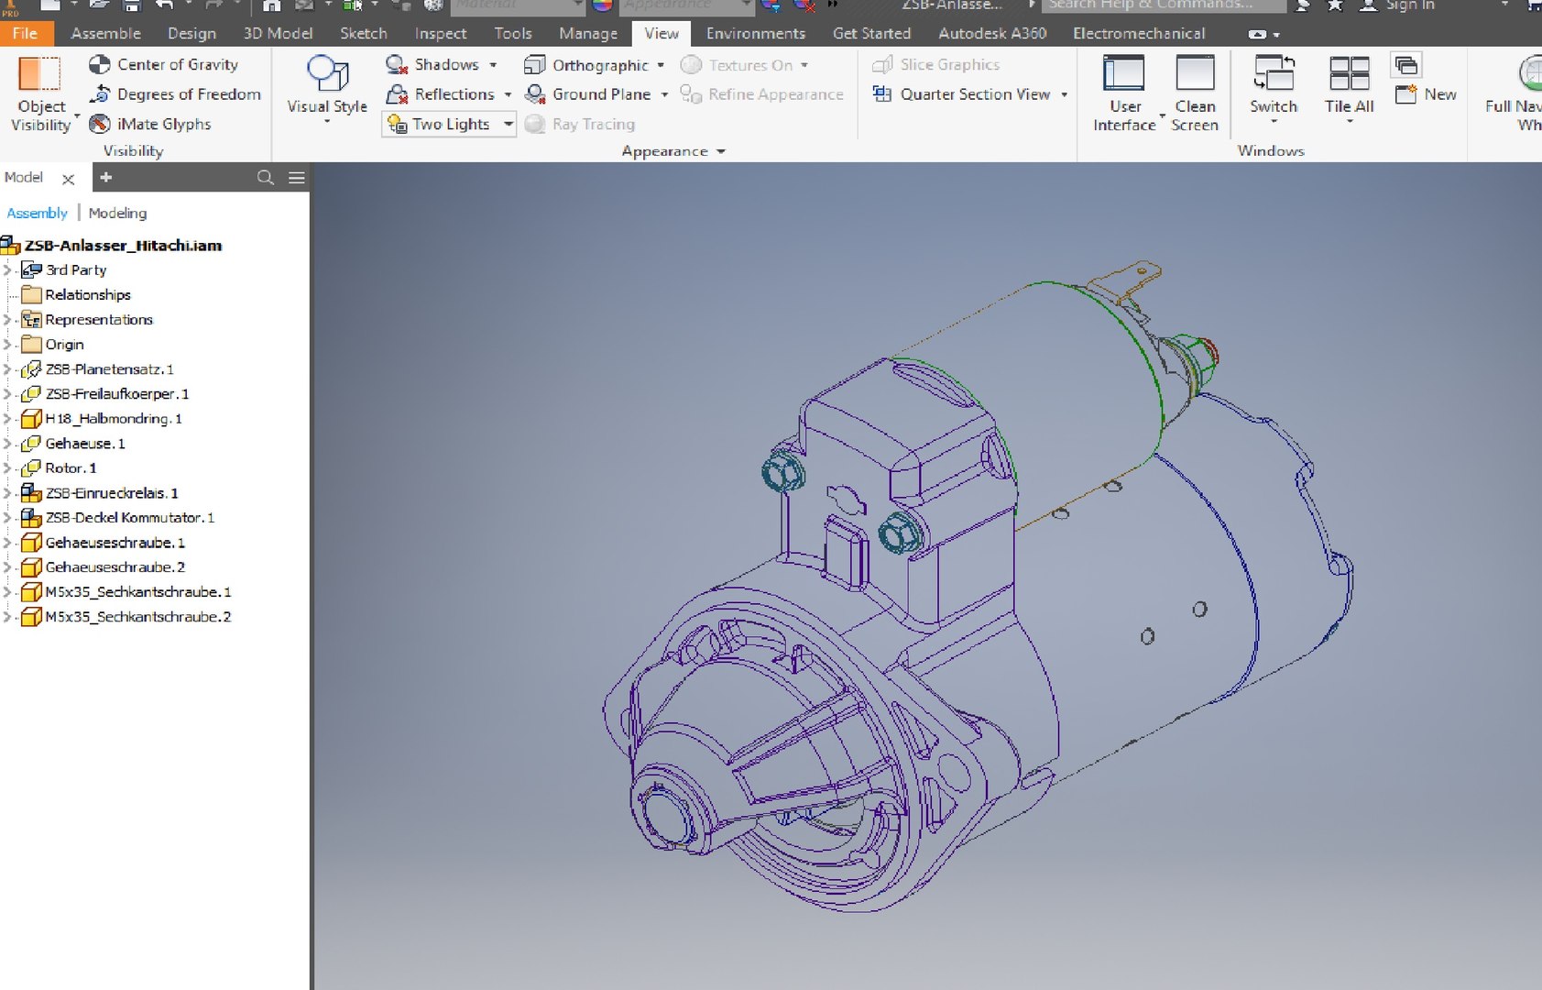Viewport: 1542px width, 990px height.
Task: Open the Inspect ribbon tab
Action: tap(440, 34)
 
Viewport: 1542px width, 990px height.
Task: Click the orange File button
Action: tap(25, 34)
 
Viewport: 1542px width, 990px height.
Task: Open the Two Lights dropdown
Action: tap(509, 125)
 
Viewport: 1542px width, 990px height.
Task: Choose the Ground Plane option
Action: tap(600, 94)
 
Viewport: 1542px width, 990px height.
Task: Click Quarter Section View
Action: tap(974, 94)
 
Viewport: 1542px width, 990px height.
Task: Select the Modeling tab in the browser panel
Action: tap(117, 214)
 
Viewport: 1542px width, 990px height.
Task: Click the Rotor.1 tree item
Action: tap(71, 468)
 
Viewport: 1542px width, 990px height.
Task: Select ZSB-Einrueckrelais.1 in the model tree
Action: tap(111, 493)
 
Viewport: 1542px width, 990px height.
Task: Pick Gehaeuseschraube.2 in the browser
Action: tap(115, 567)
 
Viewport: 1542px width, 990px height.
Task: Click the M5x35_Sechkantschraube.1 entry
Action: tap(137, 592)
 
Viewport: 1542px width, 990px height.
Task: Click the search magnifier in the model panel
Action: tap(266, 178)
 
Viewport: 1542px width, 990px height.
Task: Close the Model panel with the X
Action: tap(68, 179)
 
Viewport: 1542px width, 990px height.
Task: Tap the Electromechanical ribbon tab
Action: tap(1138, 34)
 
